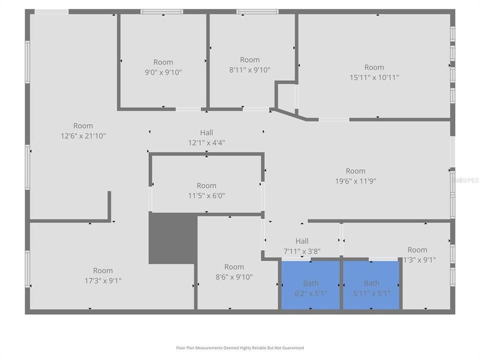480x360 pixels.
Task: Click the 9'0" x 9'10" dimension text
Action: click(x=163, y=72)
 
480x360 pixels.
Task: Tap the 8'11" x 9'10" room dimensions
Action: click(x=249, y=70)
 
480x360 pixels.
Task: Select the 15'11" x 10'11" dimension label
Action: click(x=374, y=77)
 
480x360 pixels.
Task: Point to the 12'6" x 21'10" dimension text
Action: click(x=83, y=135)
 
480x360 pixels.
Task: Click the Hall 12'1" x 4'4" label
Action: click(x=206, y=137)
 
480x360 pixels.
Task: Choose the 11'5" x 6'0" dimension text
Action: click(x=206, y=195)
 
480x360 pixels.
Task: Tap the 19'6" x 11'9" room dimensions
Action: click(x=355, y=181)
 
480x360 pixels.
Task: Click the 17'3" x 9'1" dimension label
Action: click(x=102, y=280)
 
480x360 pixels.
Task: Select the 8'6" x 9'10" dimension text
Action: click(x=234, y=277)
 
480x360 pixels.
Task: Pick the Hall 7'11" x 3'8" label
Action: click(x=301, y=246)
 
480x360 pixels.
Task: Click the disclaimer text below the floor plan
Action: click(x=239, y=348)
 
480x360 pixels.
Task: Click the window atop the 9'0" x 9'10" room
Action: click(x=161, y=11)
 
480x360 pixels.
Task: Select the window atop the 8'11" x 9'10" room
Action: click(x=257, y=11)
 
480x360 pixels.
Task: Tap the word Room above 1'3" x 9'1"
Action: click(x=417, y=250)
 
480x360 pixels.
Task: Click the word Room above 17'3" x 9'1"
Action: click(x=102, y=270)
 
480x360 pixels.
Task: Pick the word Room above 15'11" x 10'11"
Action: click(x=374, y=67)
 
